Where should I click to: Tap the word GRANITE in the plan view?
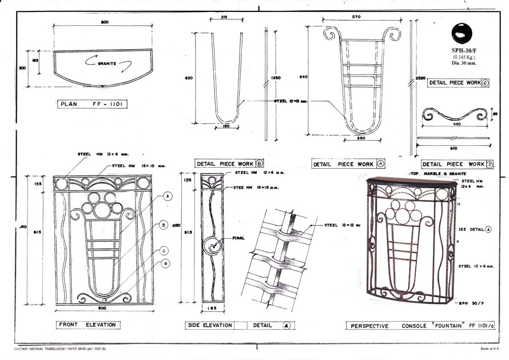tap(107, 64)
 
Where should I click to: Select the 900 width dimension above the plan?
tap(105, 22)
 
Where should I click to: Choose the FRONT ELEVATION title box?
tap(88, 325)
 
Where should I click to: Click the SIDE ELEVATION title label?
tap(210, 325)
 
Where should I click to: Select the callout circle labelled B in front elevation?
tap(164, 226)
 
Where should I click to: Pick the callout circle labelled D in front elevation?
tap(165, 263)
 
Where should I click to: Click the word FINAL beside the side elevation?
tap(238, 238)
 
